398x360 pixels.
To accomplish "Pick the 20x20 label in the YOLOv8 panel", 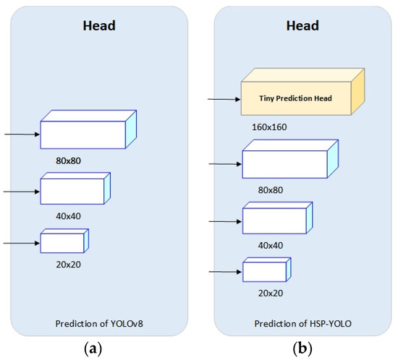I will point(69,264).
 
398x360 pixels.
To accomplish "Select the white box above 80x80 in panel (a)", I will point(84,134).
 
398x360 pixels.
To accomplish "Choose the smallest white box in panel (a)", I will point(62,241).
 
